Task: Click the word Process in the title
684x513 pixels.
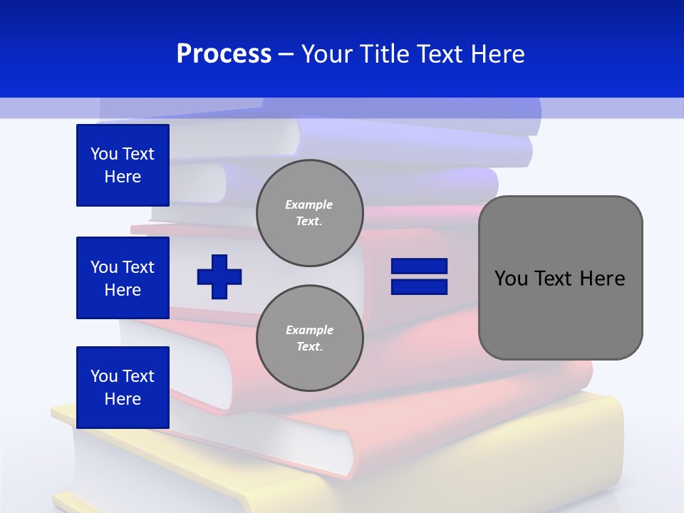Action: click(x=224, y=54)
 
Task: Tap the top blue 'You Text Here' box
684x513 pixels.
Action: click(x=123, y=165)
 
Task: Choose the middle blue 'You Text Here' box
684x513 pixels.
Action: click(x=123, y=278)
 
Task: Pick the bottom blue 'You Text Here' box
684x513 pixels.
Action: click(x=123, y=388)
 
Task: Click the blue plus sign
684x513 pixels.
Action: click(x=219, y=276)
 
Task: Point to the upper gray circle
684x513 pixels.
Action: click(x=309, y=213)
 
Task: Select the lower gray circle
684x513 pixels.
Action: click(x=309, y=338)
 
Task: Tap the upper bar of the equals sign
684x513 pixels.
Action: click(x=419, y=266)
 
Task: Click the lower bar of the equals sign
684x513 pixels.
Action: click(x=419, y=286)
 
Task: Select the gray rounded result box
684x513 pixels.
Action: click(x=560, y=278)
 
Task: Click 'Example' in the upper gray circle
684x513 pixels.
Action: click(x=309, y=205)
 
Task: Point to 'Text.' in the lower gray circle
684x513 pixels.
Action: click(x=309, y=347)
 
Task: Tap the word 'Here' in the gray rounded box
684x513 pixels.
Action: click(x=602, y=279)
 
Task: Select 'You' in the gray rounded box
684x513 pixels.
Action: click(x=511, y=279)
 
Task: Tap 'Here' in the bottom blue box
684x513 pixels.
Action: click(x=123, y=399)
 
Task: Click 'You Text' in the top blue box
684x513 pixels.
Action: click(x=123, y=154)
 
